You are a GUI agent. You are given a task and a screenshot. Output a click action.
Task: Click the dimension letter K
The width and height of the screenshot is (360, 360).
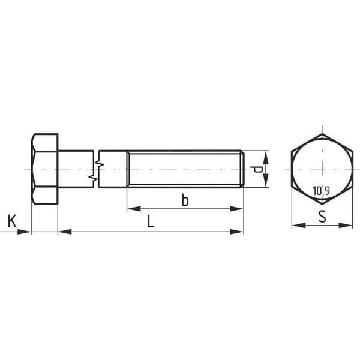[x=12, y=221]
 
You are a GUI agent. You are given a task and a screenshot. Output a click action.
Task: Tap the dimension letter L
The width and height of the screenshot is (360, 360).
[x=151, y=221]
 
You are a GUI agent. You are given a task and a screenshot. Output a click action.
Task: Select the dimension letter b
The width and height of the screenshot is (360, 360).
[x=185, y=200]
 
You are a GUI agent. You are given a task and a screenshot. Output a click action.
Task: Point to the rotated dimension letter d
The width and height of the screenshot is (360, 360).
[x=256, y=169]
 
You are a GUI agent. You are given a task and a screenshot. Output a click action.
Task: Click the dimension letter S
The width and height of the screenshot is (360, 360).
[x=322, y=216]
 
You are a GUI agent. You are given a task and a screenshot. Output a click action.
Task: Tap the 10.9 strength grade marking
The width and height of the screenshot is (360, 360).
[x=321, y=191]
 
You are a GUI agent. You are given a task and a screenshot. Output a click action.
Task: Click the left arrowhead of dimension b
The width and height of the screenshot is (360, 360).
[x=134, y=209]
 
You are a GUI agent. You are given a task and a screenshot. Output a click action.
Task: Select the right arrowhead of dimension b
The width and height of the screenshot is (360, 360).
[x=236, y=209]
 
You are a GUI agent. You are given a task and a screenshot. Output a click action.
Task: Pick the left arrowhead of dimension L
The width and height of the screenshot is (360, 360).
[x=65, y=232]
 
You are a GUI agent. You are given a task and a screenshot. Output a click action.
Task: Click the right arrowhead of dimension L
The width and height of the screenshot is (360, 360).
[x=236, y=232]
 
